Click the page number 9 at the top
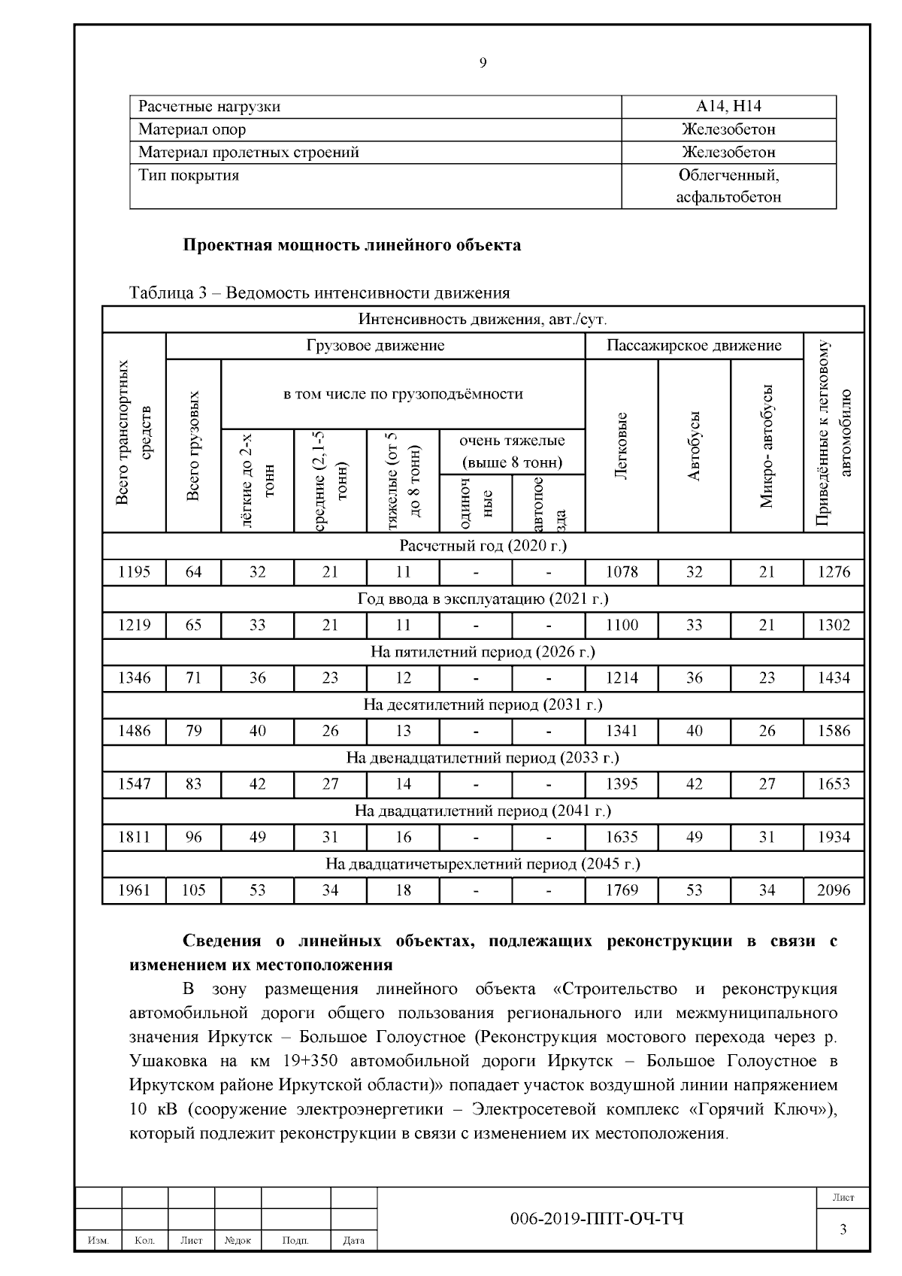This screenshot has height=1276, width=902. (483, 63)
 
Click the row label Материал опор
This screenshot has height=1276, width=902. (192, 129)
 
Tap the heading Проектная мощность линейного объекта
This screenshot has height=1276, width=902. (353, 245)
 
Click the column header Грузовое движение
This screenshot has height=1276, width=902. (375, 346)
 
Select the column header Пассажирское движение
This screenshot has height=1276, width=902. (694, 346)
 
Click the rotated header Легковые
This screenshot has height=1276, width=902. (622, 446)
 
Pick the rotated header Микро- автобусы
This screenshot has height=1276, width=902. (767, 446)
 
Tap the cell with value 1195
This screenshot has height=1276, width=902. (135, 572)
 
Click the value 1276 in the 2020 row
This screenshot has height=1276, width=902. (834, 572)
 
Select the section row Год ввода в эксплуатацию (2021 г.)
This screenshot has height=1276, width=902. (483, 599)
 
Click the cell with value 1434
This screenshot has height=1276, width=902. (834, 678)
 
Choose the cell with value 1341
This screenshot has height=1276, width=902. (622, 731)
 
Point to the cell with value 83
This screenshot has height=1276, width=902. (193, 784)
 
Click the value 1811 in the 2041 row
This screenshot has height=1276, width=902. (135, 837)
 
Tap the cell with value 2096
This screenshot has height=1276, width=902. (834, 890)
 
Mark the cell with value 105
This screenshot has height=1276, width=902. (193, 890)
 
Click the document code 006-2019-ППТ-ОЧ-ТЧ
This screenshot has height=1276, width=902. (597, 1219)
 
